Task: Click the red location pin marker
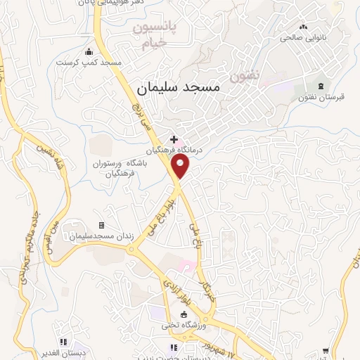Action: (181, 167)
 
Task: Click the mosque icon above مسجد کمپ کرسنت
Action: (89, 51)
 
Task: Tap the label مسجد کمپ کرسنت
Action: (89, 63)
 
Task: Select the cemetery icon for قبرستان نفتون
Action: (323, 84)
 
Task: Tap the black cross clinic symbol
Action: (174, 140)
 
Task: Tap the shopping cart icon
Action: (326, 349)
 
